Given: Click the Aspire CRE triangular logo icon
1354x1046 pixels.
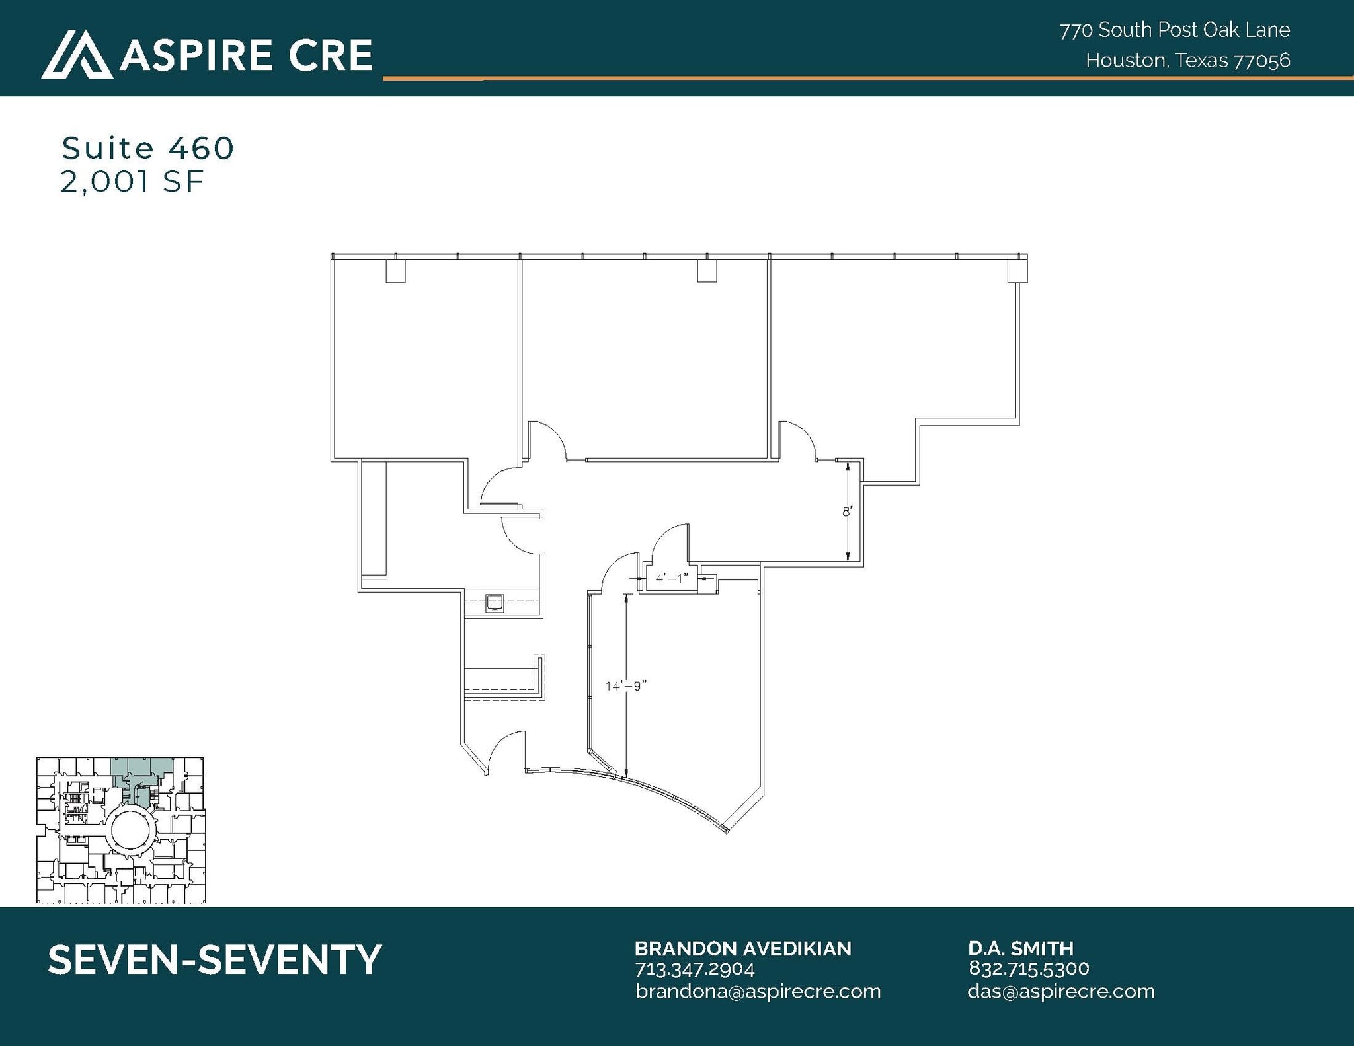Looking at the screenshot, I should [77, 55].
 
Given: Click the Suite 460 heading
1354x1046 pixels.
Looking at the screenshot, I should [147, 149].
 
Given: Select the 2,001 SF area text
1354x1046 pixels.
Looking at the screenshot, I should [132, 182].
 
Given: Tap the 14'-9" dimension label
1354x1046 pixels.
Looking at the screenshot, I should [625, 686].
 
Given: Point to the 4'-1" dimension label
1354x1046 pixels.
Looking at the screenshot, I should [672, 579].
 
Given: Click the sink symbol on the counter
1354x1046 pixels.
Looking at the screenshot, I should [494, 603].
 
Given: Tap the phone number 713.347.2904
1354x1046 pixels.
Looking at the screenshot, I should [694, 969].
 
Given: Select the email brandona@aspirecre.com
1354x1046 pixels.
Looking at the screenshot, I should [758, 991].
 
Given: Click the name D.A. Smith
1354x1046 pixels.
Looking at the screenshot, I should [1021, 949].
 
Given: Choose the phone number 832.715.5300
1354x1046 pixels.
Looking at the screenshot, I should [1028, 969].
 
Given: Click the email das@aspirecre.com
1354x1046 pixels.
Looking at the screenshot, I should [1060, 991].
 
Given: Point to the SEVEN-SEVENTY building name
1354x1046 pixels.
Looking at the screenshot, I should [215, 959].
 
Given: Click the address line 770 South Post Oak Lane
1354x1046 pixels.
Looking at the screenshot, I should [1174, 30].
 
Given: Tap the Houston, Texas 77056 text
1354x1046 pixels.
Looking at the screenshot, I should [1187, 61].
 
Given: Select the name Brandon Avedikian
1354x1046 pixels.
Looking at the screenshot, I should [742, 949].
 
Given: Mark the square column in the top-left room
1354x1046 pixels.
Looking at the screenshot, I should [395, 272].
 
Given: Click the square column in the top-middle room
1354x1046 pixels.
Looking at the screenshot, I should [707, 271].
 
